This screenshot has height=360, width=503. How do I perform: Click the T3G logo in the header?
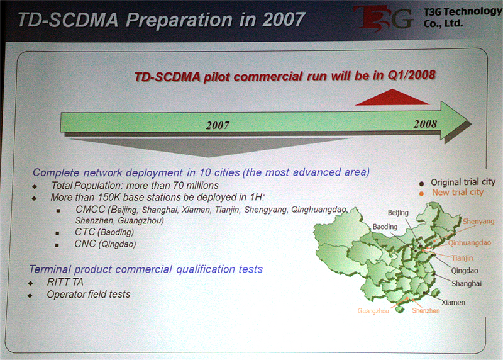[384, 18]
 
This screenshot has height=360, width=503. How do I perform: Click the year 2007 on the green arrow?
[218, 125]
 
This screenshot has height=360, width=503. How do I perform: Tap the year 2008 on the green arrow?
[425, 123]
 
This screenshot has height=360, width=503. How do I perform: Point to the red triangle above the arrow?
[392, 97]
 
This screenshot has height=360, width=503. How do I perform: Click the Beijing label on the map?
[398, 213]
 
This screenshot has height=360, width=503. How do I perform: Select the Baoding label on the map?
[385, 227]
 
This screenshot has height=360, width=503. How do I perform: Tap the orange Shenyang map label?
[478, 222]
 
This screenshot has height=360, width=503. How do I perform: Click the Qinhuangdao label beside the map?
[469, 243]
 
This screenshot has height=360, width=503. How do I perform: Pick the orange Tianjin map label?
[462, 258]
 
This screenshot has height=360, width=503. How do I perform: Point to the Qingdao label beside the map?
[465, 271]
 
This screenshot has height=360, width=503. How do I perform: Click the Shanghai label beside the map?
[467, 284]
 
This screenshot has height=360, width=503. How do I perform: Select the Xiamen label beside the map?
[453, 303]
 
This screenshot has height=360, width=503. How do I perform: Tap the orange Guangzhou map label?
[373, 311]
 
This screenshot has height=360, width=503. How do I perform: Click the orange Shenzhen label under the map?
[426, 310]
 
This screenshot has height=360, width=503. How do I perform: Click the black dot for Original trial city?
[421, 184]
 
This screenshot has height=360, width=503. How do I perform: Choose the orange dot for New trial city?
[421, 194]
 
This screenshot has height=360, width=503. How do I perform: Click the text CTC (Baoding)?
[104, 232]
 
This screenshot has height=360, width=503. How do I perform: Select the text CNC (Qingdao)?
[105, 244]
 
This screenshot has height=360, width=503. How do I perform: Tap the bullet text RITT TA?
[65, 282]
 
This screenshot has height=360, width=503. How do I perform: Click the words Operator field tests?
[89, 294]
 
